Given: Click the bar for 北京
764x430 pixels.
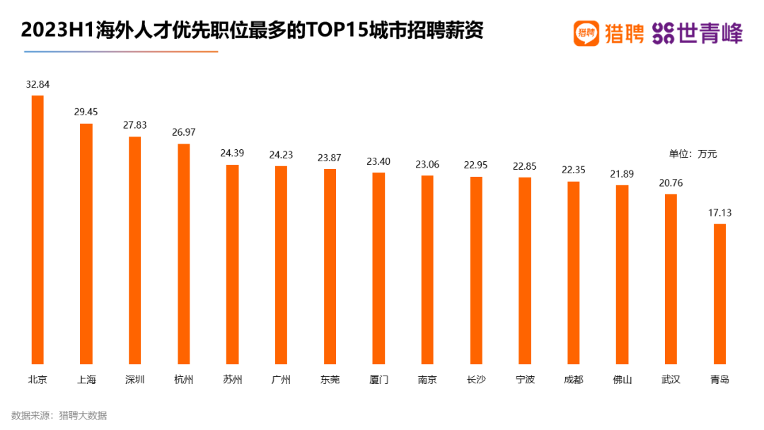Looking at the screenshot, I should point(37,230).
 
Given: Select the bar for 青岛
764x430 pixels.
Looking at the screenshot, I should point(719,294).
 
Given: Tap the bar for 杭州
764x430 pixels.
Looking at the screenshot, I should point(183,254).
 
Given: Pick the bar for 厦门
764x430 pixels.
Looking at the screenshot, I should point(378,268).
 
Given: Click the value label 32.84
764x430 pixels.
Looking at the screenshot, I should point(37,84).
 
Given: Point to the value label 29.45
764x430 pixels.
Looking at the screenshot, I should point(86,112).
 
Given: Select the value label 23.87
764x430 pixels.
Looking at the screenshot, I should point(330,157).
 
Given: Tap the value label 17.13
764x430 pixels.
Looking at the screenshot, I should point(719,212).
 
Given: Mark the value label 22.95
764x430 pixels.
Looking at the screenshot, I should point(476,165).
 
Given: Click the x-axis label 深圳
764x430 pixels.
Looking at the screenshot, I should point(134,380).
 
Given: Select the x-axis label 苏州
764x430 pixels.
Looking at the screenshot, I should point(232,380).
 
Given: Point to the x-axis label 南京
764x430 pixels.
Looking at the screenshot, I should point(427,380).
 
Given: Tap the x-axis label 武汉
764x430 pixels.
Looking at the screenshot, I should point(671,380).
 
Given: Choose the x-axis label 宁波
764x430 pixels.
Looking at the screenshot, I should point(525,380).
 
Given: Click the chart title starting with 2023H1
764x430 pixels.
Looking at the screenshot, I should point(251,32).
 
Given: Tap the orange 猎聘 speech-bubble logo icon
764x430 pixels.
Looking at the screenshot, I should point(586,33).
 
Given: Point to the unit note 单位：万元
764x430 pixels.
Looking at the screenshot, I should point(693,153).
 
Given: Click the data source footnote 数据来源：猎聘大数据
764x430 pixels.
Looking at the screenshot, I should point(59,416).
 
